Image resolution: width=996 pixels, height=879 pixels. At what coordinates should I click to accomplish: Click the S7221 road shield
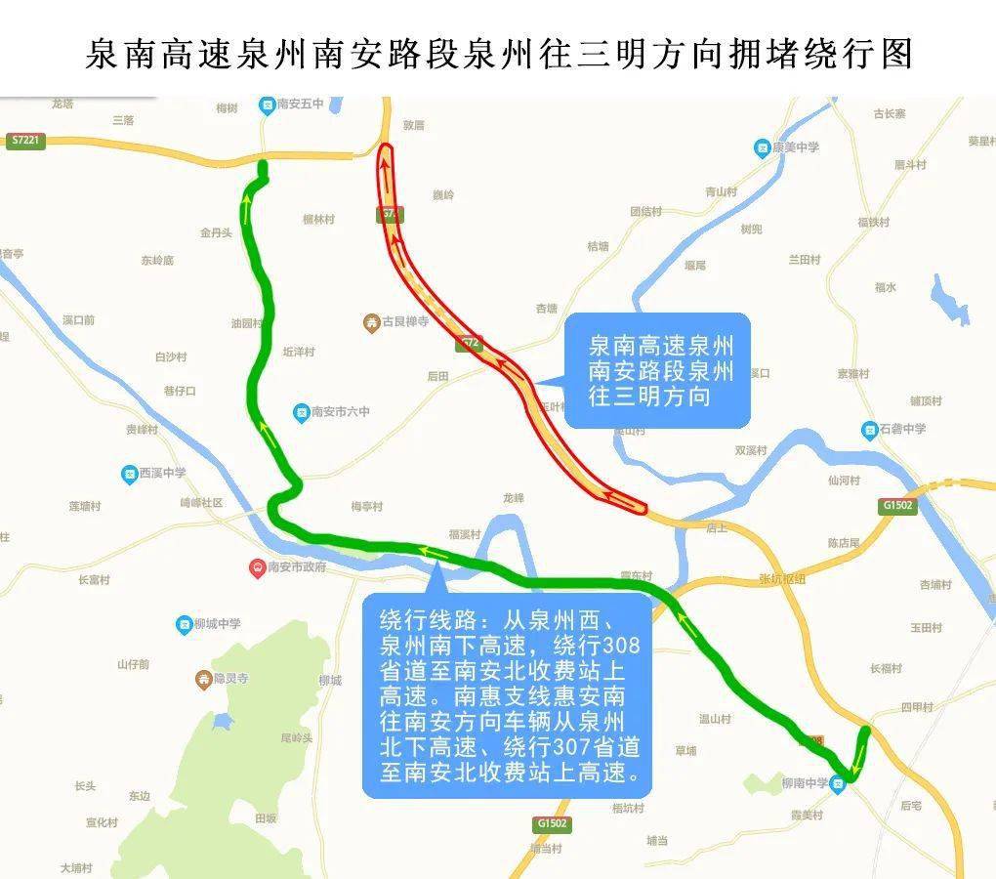[x=26, y=141]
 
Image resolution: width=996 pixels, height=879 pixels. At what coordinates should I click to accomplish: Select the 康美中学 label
[x=795, y=147]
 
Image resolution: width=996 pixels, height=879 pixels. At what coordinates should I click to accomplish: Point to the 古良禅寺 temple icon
[x=371, y=321]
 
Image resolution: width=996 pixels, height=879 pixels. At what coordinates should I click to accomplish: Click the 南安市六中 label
[x=341, y=412]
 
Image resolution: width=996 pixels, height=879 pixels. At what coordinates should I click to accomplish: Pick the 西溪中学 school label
[x=162, y=474]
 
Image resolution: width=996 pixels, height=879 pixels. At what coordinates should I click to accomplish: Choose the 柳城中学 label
[x=216, y=623]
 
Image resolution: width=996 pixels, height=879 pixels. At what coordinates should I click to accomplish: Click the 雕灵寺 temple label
[x=230, y=678]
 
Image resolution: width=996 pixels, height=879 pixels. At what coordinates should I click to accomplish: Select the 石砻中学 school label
[x=901, y=429]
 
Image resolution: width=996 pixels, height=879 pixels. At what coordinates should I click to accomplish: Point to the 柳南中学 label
[x=805, y=783]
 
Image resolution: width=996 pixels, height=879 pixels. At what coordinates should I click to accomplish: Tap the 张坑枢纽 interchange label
[x=782, y=578]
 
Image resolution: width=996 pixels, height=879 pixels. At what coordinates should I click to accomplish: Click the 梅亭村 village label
[x=367, y=506]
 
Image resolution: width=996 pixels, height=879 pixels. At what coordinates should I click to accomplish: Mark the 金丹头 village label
[x=216, y=232]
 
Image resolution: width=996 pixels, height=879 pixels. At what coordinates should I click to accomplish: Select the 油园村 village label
[x=246, y=323]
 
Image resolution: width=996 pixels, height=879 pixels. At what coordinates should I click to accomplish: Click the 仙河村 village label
[x=844, y=481]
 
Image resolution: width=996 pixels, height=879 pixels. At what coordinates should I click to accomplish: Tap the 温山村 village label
[x=715, y=719]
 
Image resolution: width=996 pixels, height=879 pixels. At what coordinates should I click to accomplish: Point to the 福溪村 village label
[x=465, y=534]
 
